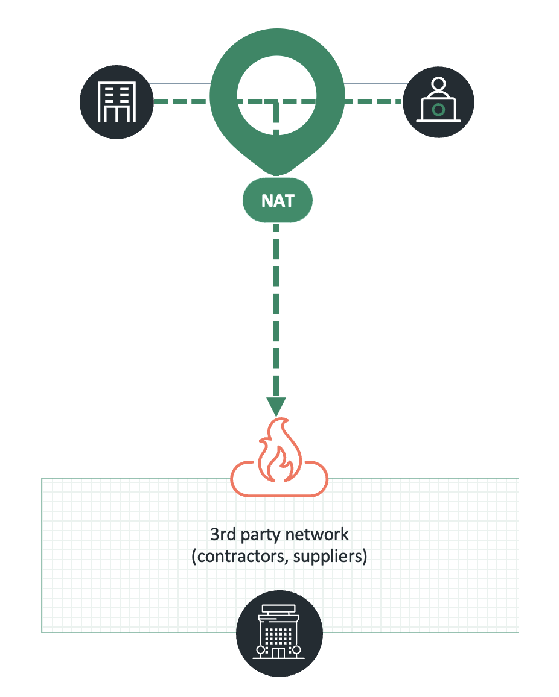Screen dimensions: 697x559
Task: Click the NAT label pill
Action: [277, 200]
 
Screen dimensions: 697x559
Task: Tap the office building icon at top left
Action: [116, 103]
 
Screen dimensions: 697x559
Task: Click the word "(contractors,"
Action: [240, 556]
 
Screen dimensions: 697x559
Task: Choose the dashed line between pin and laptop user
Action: [372, 102]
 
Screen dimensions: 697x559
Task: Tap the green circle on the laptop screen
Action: [439, 110]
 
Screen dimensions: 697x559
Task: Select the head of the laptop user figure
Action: [439, 83]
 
